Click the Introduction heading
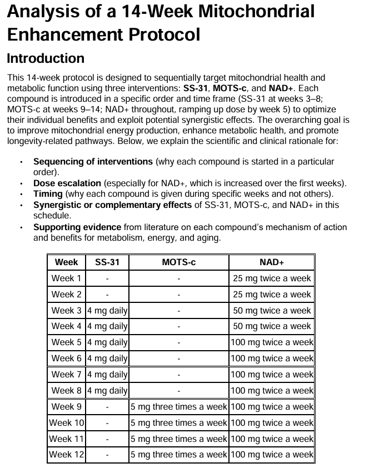46,58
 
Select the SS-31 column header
107,262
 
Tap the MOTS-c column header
178,262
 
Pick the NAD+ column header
272,262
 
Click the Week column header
66,262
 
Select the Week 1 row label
66,278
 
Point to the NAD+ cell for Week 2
272,295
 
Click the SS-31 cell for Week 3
107,311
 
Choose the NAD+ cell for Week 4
272,326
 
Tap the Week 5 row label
66,342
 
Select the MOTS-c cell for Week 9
178,407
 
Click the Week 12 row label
66,455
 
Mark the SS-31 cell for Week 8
107,391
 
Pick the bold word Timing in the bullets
48,193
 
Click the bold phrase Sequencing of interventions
93,162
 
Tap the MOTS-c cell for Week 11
178,439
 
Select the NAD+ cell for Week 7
272,375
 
